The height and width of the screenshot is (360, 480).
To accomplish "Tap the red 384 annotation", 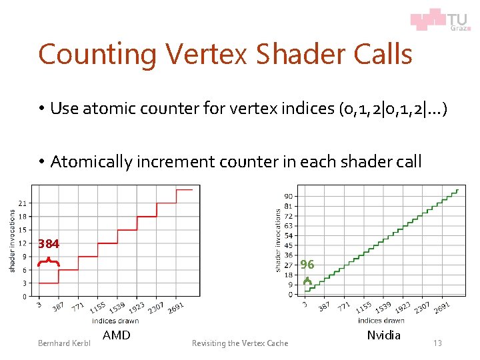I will coord(49,244).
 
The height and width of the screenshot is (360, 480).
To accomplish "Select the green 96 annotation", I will coord(307,265).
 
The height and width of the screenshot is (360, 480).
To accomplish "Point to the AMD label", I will coord(117,335).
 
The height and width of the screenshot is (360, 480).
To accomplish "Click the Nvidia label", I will coord(384,335).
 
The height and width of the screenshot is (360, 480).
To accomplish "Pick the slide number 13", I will coord(437,343).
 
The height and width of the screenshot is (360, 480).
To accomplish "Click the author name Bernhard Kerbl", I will coord(63,343).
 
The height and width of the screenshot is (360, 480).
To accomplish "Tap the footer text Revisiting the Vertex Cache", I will coord(240,343).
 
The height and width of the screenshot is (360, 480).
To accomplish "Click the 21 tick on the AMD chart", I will coord(23,203).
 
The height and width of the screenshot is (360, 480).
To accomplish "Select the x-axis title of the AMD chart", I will coord(115,321).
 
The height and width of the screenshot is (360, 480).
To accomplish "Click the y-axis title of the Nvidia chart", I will coord(278,240).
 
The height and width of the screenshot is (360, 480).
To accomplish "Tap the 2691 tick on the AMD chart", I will coord(176,307).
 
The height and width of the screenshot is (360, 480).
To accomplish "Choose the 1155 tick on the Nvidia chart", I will coord(363,307).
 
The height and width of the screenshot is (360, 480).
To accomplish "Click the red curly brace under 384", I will coord(49,261).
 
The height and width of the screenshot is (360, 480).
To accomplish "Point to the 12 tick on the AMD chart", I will coord(23,243).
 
